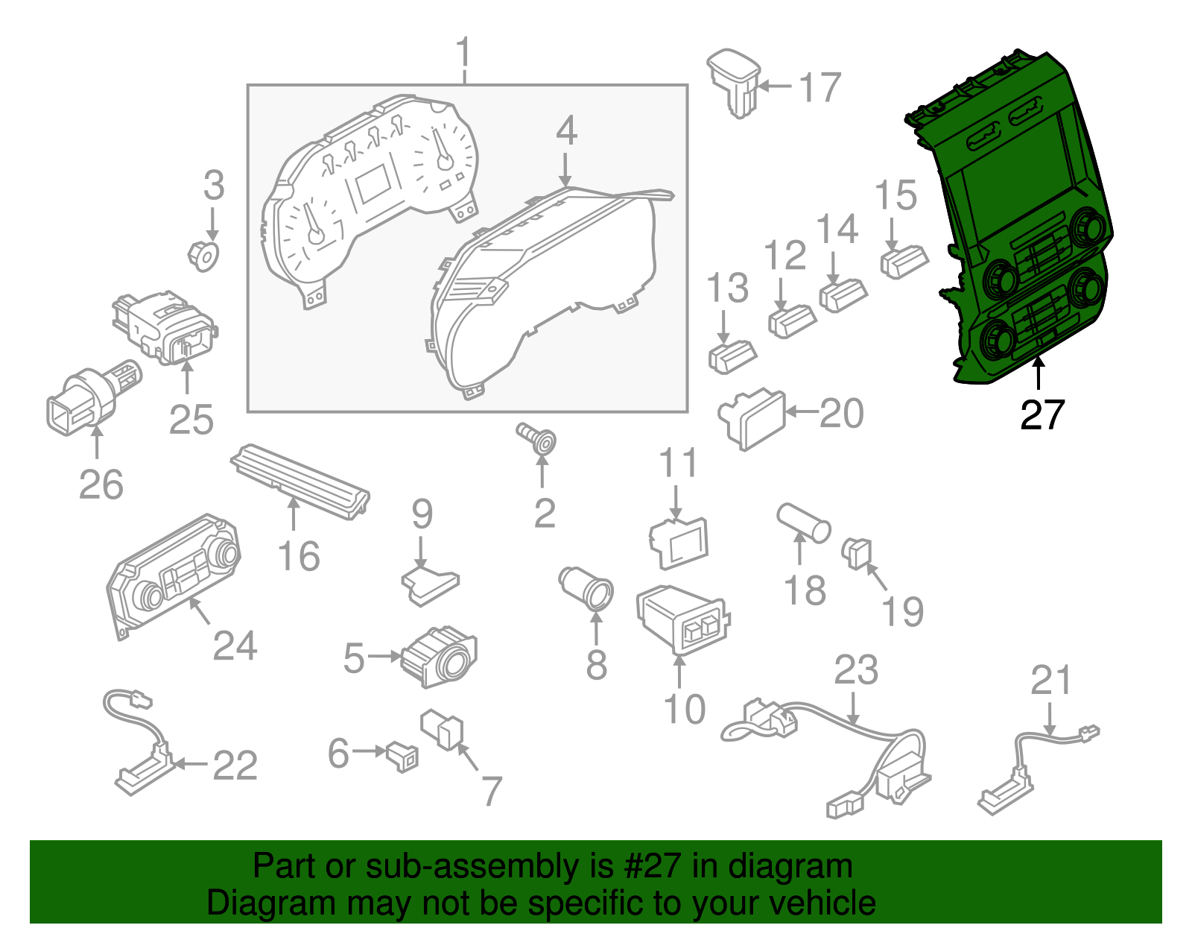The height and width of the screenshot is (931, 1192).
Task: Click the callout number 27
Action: [1042, 415]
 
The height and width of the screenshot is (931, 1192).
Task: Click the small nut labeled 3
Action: [203, 256]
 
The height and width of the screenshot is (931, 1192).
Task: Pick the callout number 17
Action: [819, 87]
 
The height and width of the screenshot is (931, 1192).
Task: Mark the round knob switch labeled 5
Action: [440, 657]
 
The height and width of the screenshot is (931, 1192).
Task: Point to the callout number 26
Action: [101, 485]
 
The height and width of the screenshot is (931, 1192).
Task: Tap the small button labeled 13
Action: [732, 356]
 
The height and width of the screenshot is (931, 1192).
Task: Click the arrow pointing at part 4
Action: [565, 168]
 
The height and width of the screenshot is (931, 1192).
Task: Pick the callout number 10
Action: [684, 709]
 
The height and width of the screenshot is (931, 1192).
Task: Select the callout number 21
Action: [1050, 680]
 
